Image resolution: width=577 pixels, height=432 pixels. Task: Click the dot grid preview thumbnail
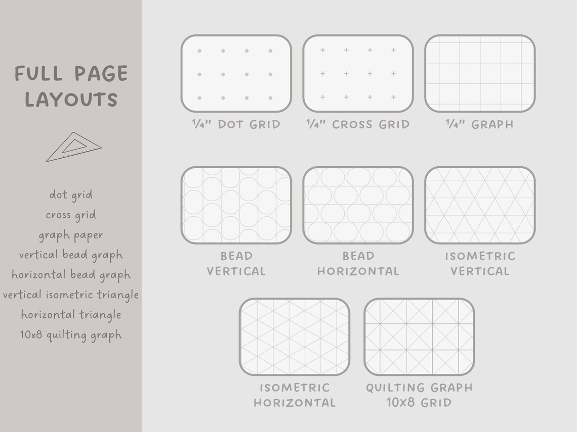click(x=236, y=73)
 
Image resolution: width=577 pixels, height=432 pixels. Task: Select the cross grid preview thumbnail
click(x=358, y=73)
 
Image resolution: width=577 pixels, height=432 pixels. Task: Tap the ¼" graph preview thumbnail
click(x=480, y=73)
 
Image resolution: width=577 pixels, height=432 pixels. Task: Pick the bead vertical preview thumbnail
click(x=236, y=205)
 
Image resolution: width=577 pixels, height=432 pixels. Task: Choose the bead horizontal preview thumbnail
click(x=358, y=205)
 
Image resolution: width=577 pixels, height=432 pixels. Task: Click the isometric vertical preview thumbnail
click(x=480, y=205)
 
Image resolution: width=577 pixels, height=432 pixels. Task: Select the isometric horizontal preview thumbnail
click(x=294, y=337)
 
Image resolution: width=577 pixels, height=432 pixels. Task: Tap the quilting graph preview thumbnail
click(x=419, y=337)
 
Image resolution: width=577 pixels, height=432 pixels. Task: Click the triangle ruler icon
click(x=73, y=147)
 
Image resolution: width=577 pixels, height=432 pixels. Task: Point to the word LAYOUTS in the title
click(x=71, y=100)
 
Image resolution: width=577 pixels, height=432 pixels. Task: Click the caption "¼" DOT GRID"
click(x=236, y=124)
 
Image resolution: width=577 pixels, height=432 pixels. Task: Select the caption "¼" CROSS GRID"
click(x=358, y=124)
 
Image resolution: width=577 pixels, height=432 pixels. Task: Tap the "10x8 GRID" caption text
click(x=419, y=403)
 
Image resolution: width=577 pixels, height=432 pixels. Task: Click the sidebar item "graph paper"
click(x=71, y=235)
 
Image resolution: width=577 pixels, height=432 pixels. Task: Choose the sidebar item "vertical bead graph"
click(x=71, y=255)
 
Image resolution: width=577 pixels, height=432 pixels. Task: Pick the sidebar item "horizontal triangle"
click(x=71, y=315)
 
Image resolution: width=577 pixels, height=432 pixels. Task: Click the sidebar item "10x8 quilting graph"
click(x=71, y=335)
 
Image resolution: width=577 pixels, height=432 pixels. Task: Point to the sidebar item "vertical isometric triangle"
click(x=71, y=295)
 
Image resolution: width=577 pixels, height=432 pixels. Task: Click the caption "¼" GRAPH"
click(x=480, y=124)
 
